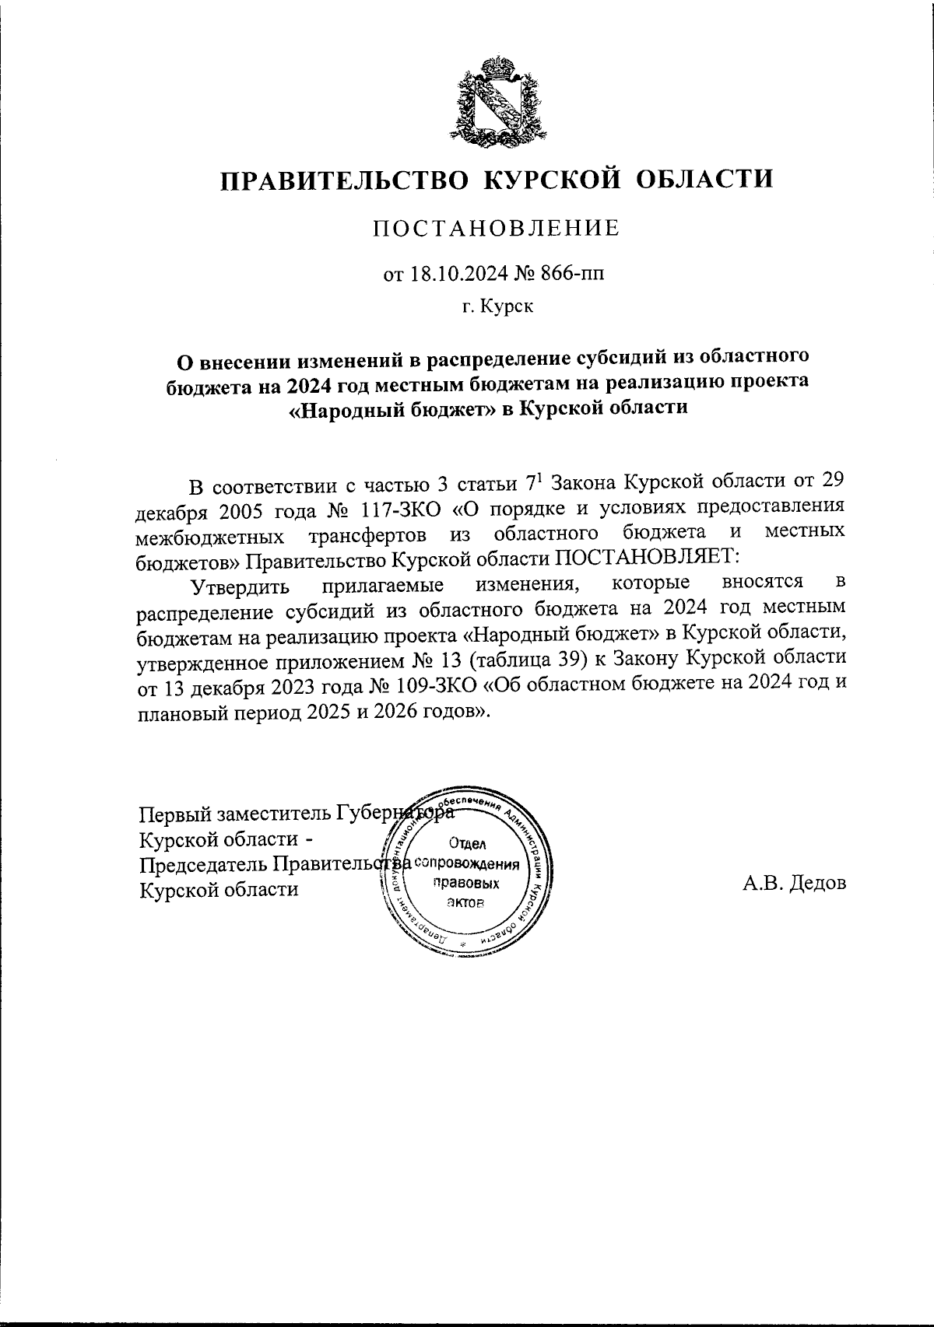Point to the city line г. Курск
[497, 306]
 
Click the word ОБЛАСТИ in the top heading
[704, 180]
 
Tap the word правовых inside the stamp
[465, 883]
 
